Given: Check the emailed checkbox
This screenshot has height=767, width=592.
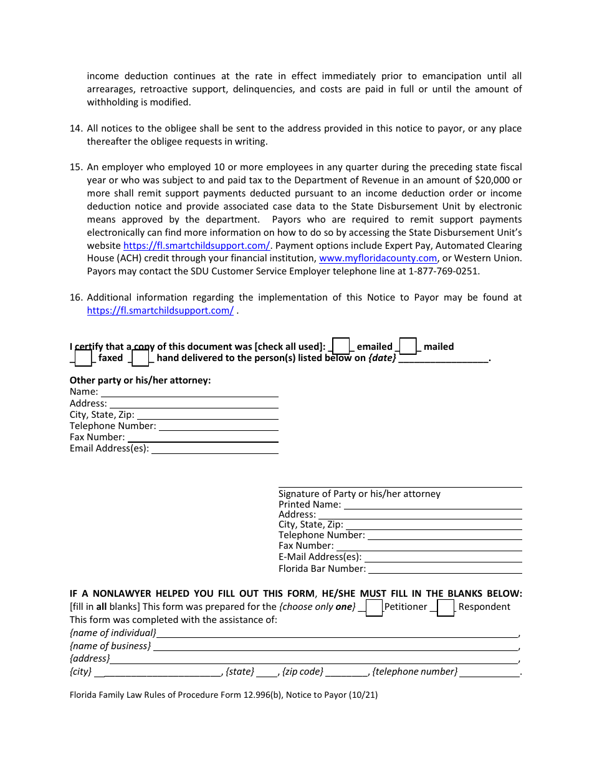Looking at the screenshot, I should pos(341,346).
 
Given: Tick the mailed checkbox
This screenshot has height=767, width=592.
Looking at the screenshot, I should pos(408,346).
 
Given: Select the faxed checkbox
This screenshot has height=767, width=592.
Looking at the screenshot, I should pos(83,358).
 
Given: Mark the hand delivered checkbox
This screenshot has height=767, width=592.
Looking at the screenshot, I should pos(140,358).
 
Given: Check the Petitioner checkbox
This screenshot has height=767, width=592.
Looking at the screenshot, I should pos(374,607).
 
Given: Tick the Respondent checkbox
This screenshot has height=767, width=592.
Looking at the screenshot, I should pos(446,607).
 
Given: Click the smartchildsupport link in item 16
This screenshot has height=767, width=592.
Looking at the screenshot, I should pos(160,311).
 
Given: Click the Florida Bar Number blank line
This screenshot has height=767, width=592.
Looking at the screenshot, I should pos(445,569).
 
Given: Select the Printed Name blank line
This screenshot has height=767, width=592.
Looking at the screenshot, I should pos(432,505).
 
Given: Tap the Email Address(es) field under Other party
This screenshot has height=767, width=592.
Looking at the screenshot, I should pos(215,449).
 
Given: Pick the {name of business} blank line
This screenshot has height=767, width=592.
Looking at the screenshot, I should pos(335,647).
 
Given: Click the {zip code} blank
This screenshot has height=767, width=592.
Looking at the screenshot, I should pos(346,672).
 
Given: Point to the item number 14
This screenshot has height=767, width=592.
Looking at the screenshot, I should pos(75,128).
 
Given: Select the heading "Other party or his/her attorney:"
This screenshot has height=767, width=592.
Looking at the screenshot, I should pos(140,380).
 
